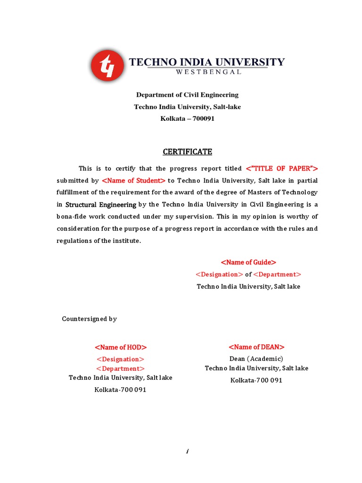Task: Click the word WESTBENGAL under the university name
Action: [x=208, y=72]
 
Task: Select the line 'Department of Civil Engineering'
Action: [x=187, y=95]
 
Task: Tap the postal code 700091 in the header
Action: [x=201, y=119]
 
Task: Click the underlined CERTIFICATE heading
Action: [x=188, y=151]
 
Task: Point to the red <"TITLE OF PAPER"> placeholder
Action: [x=282, y=168]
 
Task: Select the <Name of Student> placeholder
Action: [x=133, y=180]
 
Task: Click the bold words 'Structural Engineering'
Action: [x=101, y=205]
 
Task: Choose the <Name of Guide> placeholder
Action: [x=248, y=262]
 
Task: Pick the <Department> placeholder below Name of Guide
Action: [x=277, y=275]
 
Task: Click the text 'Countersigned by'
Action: [x=90, y=319]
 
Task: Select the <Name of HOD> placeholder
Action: [x=121, y=347]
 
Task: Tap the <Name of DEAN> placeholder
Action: [x=256, y=347]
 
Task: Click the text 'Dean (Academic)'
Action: [x=256, y=359]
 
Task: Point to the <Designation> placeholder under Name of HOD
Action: [x=120, y=359]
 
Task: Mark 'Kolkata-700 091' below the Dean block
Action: [x=256, y=380]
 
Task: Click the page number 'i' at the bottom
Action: [x=187, y=451]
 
